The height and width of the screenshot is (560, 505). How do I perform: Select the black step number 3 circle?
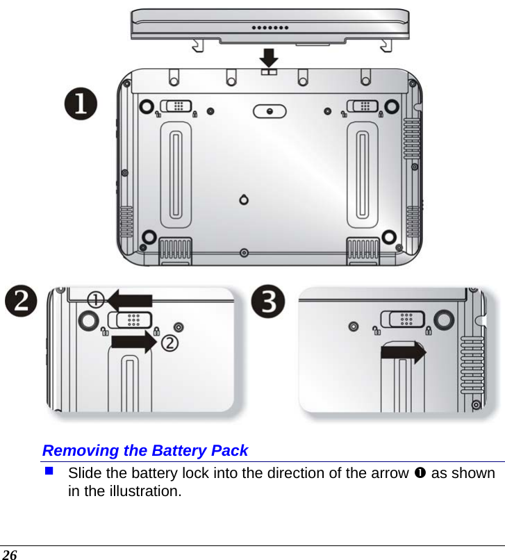pos(267,303)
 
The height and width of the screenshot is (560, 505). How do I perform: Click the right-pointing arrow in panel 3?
pos(404,352)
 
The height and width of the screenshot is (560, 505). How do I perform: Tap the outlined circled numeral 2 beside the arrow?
pos(170,343)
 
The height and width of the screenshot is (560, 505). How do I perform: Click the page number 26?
pos(10,553)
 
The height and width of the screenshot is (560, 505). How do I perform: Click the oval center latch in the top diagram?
pos(270,110)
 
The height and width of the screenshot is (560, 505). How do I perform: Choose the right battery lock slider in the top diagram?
pos(363,106)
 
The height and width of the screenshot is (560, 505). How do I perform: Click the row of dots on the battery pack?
pos(269,28)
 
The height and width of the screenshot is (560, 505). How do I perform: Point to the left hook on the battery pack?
pos(199,44)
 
